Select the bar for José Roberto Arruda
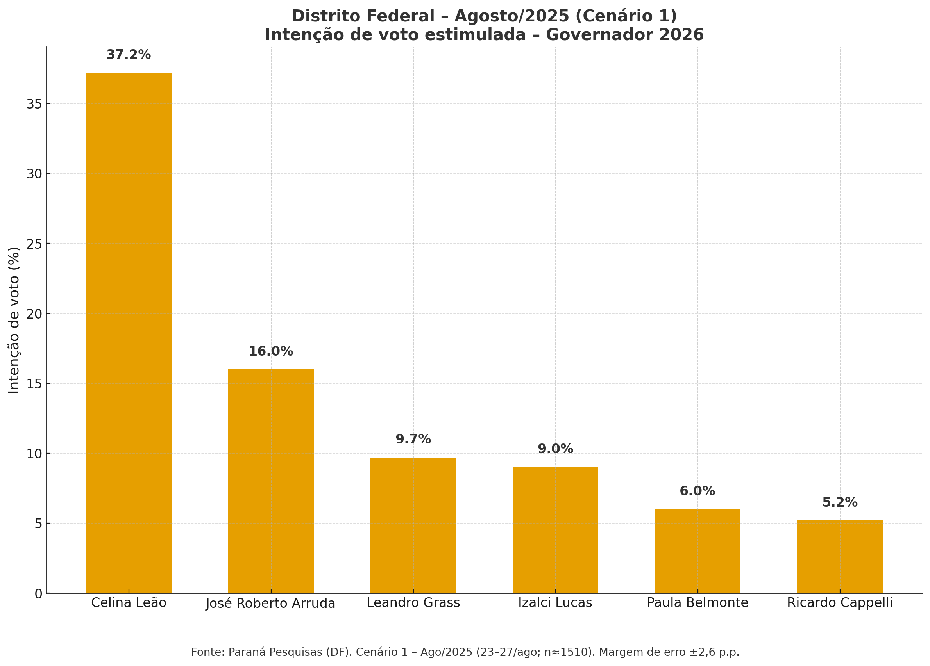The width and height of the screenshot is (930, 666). pos(271,481)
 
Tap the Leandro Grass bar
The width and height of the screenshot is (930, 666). pos(413,525)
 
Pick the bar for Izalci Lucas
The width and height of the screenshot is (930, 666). pos(555,530)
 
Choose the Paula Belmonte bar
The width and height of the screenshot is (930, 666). pos(697,550)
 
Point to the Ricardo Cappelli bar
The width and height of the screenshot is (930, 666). pos(840,556)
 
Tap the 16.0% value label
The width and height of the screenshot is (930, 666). pos(271,351)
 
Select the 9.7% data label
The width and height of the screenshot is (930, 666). pos(413,440)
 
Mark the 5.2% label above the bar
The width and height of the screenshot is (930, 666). pos(840,502)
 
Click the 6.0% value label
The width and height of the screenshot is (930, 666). pos(697,491)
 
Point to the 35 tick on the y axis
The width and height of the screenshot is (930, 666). pos(34,104)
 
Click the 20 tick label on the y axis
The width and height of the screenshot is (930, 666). pos(34,314)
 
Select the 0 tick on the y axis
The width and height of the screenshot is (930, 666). pos(39,594)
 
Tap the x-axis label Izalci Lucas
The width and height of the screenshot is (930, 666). pos(555,603)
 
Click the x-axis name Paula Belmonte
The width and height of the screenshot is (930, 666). pos(697,603)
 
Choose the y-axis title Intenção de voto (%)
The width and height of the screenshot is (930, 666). pos(14,320)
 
